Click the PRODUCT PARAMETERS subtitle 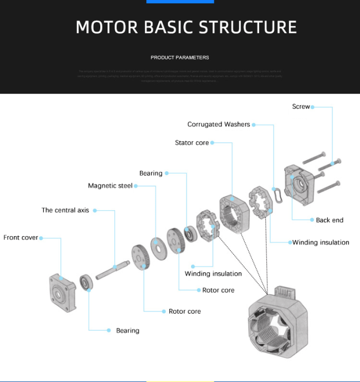180,58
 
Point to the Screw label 301,106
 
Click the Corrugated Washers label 219,125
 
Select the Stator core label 192,143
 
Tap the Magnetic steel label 110,186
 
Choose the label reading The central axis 65,211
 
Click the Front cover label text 20,238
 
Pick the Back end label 330,220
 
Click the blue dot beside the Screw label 313,106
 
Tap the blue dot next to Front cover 41,238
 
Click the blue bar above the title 180,2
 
